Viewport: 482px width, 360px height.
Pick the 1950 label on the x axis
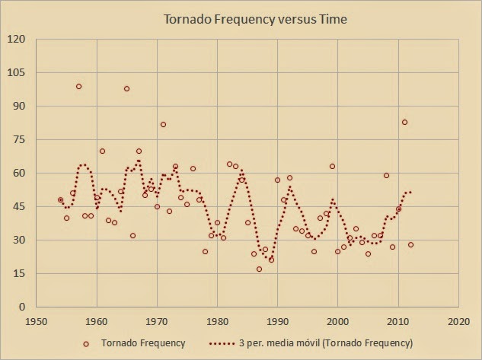click(36, 321)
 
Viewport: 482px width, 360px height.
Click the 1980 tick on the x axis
click(217, 321)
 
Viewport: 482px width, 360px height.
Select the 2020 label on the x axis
click(458, 321)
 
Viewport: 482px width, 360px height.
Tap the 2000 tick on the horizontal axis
click(338, 321)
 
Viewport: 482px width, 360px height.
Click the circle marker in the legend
click(86, 344)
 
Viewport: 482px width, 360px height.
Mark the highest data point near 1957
click(78, 87)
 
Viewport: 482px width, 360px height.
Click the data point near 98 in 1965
click(126, 89)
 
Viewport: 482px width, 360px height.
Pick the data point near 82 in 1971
click(163, 125)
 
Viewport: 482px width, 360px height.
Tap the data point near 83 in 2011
click(404, 123)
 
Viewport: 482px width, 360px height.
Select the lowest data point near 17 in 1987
click(259, 269)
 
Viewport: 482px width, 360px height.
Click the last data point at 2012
click(410, 245)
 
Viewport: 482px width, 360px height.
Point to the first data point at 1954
click(60, 200)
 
